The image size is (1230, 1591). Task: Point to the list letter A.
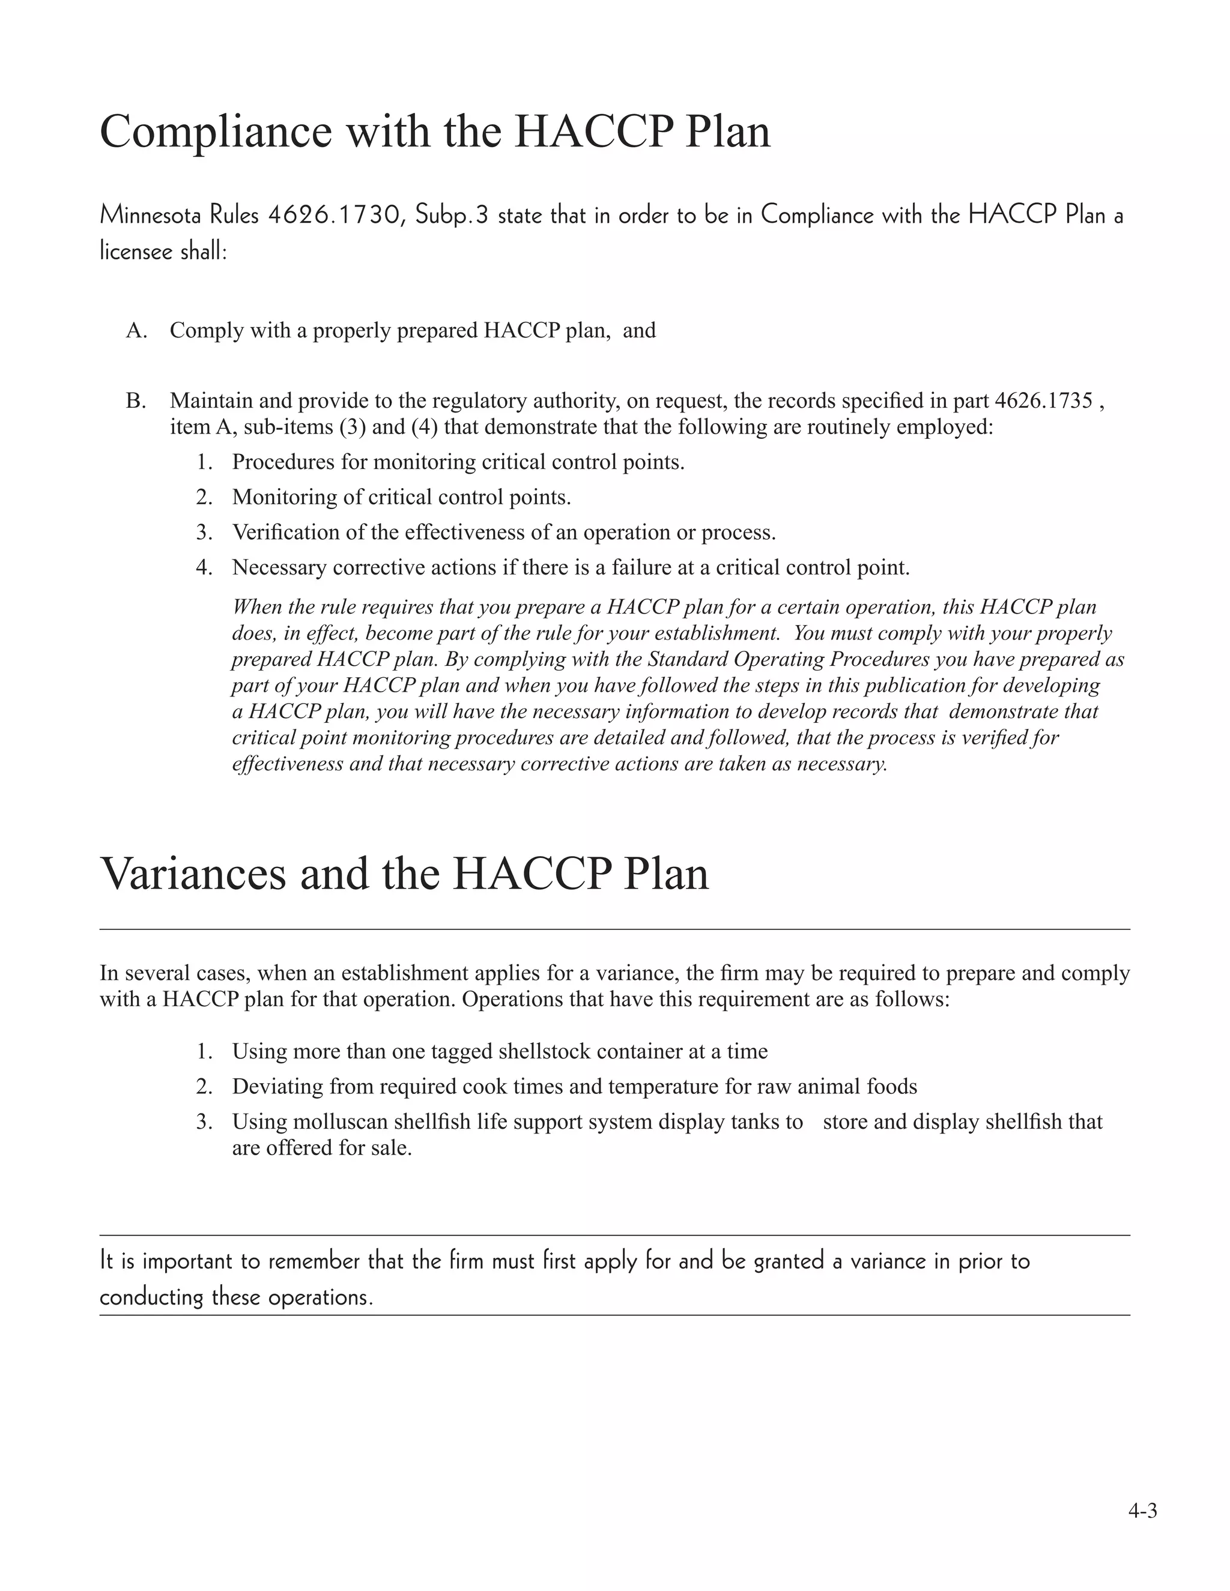[136, 331]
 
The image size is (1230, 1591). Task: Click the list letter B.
[136, 400]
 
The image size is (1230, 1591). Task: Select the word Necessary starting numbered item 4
[279, 567]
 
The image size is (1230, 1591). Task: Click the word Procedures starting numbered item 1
[282, 462]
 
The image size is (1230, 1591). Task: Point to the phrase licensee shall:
[163, 252]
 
